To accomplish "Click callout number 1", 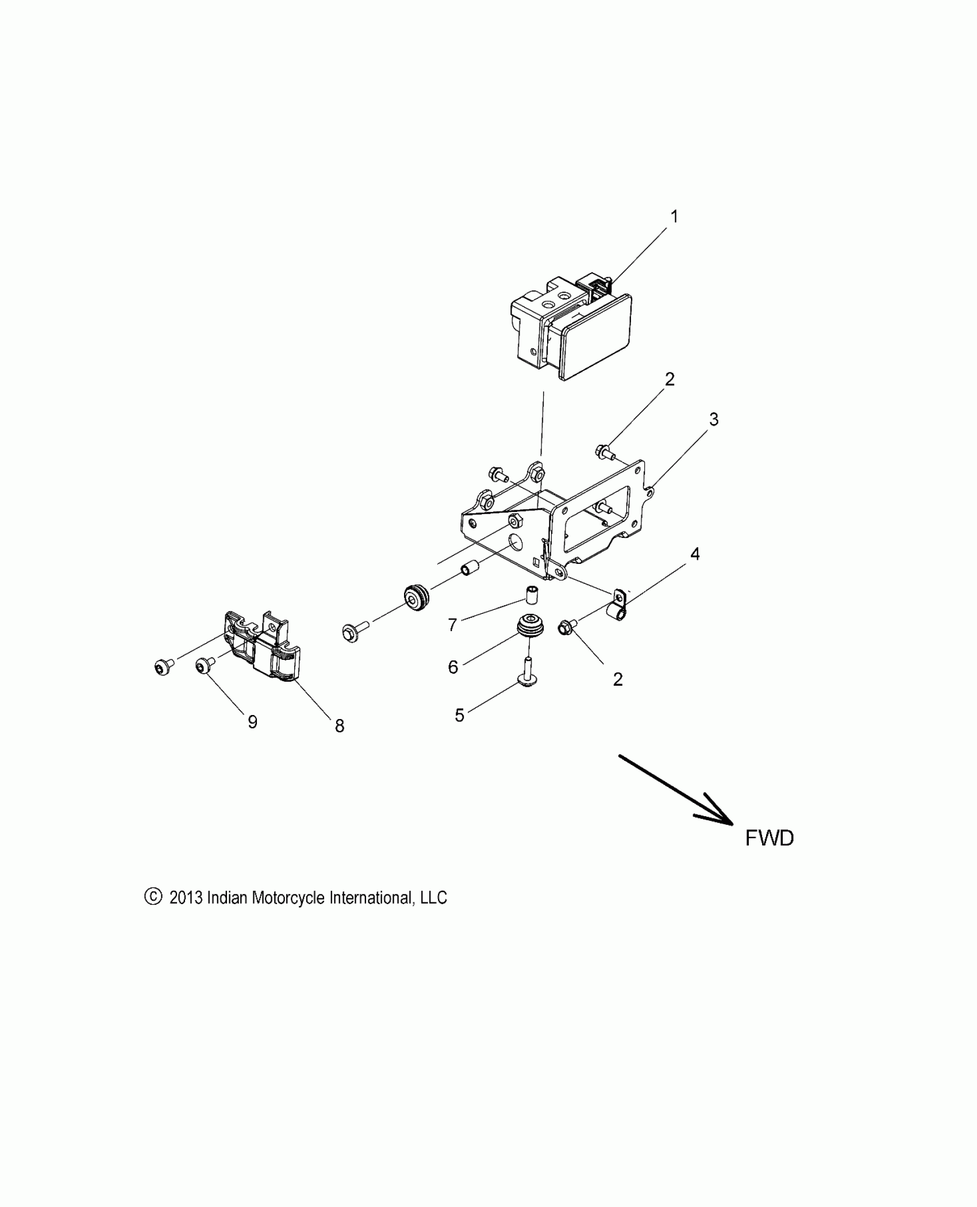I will tap(675, 217).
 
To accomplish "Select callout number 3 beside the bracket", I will tap(713, 420).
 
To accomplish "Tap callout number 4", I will tap(695, 554).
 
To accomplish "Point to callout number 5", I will tap(459, 716).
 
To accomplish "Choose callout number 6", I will tap(453, 667).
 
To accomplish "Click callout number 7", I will tap(452, 625).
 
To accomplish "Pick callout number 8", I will tap(340, 726).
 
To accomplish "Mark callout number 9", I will tap(252, 722).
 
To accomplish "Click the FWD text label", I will tap(769, 838).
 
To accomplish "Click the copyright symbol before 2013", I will tap(152, 897).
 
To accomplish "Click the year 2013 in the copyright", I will tap(186, 898).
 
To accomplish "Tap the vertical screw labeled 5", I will tap(528, 672).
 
